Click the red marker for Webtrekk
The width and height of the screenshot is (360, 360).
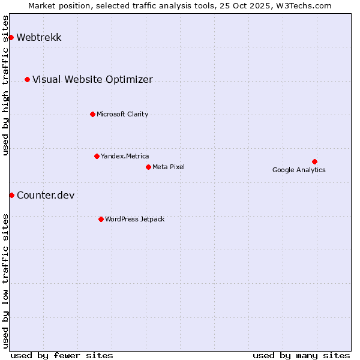coord(11,38)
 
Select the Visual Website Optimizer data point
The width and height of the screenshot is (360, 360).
coord(27,79)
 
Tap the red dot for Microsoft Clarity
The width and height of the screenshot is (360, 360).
coord(92,114)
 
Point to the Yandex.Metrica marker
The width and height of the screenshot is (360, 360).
coord(97,156)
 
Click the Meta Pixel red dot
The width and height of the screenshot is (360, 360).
coord(148,167)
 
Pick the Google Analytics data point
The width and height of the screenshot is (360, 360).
coord(314,161)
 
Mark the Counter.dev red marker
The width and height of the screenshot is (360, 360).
coord(11,195)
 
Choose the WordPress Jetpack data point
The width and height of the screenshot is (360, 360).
coord(101,219)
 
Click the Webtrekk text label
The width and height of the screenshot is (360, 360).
coord(39,38)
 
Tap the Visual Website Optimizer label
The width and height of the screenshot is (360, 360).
coord(92,79)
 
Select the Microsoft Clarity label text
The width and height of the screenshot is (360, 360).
coord(122,114)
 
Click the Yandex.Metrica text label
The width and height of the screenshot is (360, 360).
coord(125,156)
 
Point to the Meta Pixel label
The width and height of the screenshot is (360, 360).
coord(169,167)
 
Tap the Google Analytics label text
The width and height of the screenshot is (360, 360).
coord(299,170)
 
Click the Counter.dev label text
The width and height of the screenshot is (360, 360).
coord(46,195)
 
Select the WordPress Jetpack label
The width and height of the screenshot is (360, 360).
coord(134,219)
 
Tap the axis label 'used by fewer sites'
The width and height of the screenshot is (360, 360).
coord(62,355)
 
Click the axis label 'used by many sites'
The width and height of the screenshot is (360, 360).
coord(301,355)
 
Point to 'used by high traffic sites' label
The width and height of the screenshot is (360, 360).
coord(6,85)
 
